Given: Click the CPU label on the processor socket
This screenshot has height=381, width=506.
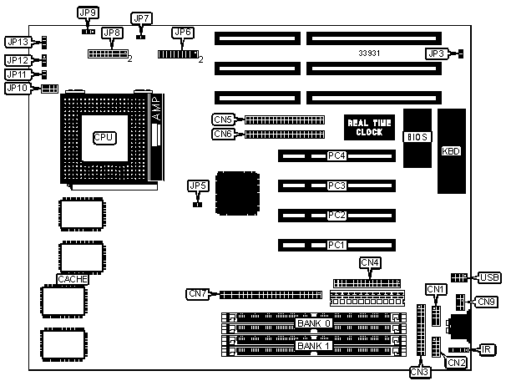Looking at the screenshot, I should coord(104,136).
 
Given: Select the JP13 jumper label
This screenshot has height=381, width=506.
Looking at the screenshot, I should coord(18,42).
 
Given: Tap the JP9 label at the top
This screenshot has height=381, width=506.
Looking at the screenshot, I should coord(87,13).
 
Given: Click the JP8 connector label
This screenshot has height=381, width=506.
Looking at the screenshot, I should coord(112,33).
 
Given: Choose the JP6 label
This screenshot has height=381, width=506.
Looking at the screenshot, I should coord(181,33).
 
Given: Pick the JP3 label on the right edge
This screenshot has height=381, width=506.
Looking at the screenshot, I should coord(436,53).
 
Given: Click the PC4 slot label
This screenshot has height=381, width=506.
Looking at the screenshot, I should coord(336,155).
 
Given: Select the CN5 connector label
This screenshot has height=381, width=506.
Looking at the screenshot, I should coord(223,119).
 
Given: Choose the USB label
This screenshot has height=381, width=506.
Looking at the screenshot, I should coord(489,277).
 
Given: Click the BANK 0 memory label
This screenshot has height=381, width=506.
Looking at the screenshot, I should coord(314,323).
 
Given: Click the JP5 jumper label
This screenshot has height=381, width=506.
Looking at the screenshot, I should coord(198,185).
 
